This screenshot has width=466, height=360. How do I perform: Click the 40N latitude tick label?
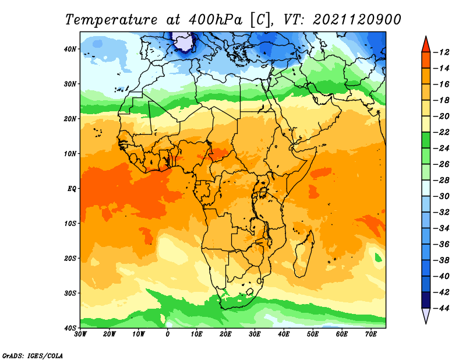70,49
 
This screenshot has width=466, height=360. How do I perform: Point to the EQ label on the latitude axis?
72,189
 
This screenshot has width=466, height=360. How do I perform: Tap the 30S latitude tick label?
70,294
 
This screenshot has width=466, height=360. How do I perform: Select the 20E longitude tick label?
225,334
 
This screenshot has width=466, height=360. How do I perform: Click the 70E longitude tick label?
371,334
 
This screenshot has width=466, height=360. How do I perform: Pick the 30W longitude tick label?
80,334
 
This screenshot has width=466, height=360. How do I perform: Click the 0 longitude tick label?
168,334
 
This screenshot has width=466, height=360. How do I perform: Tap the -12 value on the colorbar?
442,52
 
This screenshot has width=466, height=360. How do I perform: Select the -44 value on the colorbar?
442,308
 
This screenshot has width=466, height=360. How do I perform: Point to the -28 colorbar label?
442,181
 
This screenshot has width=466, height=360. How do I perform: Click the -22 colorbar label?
442,132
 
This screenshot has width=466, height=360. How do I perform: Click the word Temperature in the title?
111,20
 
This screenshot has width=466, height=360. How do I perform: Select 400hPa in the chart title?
215,20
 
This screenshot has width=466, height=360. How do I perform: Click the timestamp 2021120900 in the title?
357,20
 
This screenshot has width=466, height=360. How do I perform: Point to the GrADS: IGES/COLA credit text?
33,355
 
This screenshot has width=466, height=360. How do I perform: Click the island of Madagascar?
303,254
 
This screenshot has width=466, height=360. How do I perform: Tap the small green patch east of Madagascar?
378,257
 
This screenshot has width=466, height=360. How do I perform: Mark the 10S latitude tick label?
70,224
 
